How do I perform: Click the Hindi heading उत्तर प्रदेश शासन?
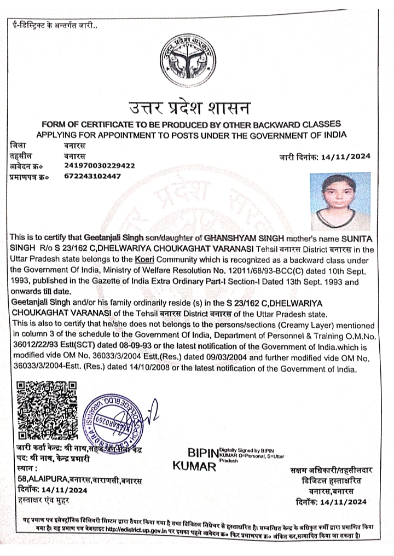(189, 106)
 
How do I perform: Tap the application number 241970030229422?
(99, 165)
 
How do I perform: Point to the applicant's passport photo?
(339, 201)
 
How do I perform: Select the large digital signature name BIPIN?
(202, 454)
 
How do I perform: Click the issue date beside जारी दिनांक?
(348, 157)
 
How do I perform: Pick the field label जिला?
(19, 146)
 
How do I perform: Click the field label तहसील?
(22, 155)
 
